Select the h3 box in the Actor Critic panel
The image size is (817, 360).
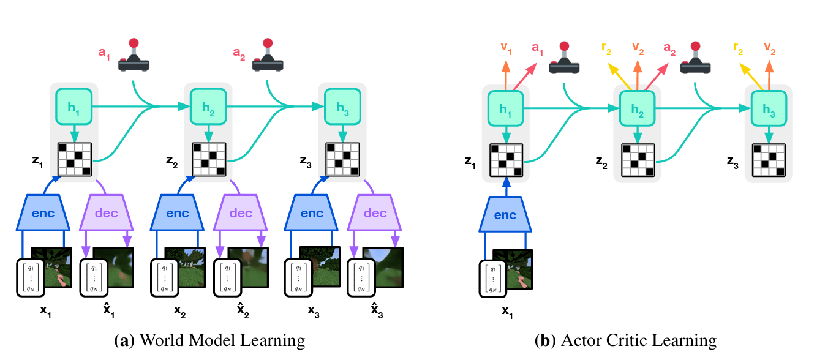point(768,110)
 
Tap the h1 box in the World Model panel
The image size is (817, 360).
point(73,107)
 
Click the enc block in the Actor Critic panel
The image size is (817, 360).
point(505,215)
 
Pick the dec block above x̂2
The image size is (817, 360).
point(241,213)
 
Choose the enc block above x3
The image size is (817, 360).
point(312,213)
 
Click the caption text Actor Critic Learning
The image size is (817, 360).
point(625,340)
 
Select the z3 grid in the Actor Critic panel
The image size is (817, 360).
point(768,161)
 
